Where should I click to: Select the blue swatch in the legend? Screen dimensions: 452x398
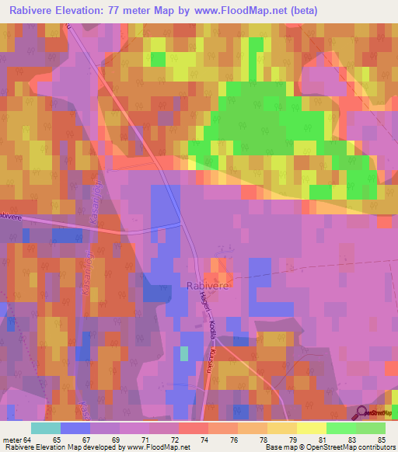click(75, 427)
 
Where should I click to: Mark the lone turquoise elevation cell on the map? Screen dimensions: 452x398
click(184, 353)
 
